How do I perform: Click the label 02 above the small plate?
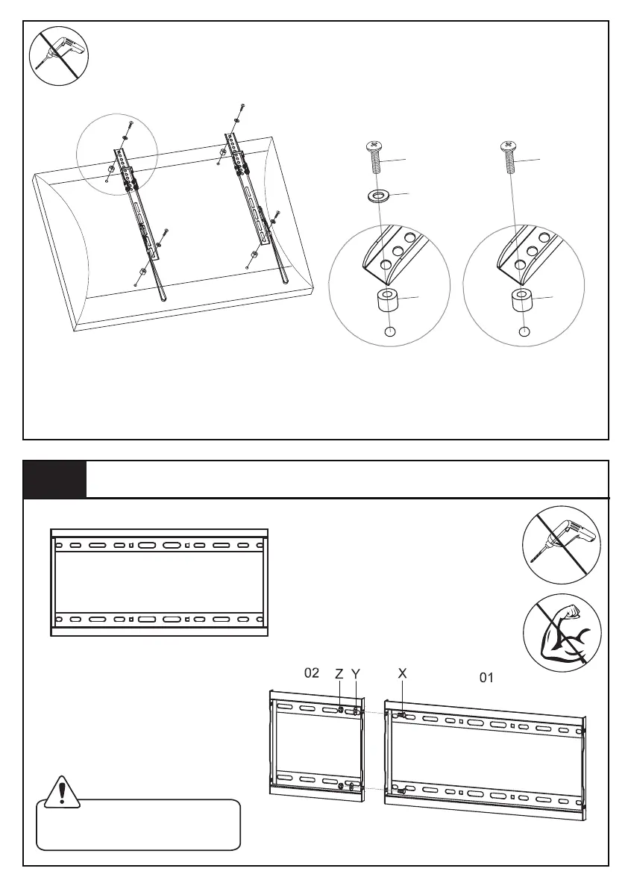click(x=312, y=673)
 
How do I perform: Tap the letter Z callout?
click(x=339, y=673)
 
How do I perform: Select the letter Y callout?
click(x=356, y=673)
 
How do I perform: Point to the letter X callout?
click(x=403, y=673)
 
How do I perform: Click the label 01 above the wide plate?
click(x=486, y=678)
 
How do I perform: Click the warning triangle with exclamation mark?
click(x=61, y=792)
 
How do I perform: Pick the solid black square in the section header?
click(x=54, y=479)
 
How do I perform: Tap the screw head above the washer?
click(x=374, y=145)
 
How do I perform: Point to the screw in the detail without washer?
click(x=509, y=157)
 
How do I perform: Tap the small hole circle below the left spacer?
click(x=389, y=332)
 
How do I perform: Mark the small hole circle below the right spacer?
click(x=524, y=332)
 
